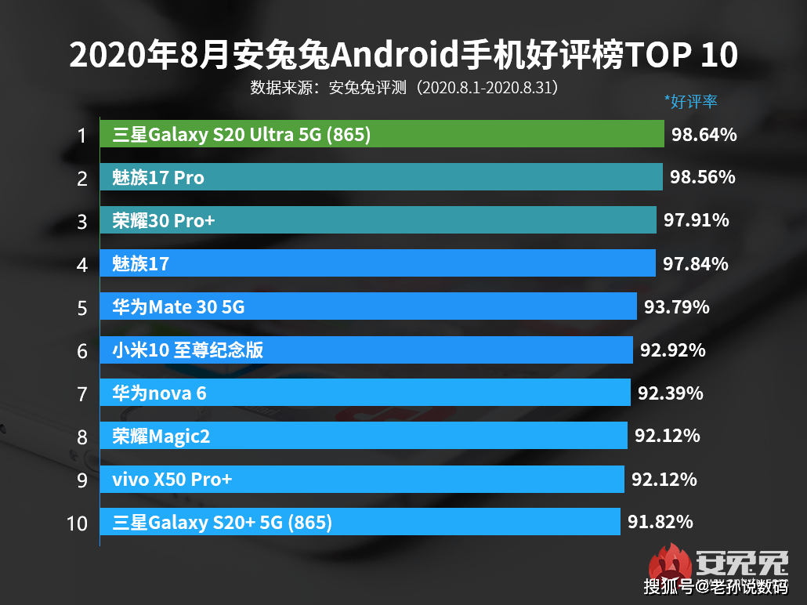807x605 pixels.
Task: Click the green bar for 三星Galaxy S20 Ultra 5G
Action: [x=382, y=135]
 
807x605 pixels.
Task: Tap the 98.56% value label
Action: [x=702, y=178]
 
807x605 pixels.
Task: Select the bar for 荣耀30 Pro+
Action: [x=378, y=221]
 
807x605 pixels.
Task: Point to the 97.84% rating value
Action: [x=695, y=264]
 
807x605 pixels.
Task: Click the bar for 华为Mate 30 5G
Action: [x=367, y=307]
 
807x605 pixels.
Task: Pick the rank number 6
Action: [x=82, y=350]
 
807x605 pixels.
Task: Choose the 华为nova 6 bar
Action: [x=364, y=393]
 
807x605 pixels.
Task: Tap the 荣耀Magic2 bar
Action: [x=364, y=436]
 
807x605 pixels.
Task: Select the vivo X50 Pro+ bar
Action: [x=362, y=479]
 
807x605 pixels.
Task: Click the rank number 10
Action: [x=78, y=523]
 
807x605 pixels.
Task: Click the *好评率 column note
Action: [x=691, y=101]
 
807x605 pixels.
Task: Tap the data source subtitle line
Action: [x=403, y=87]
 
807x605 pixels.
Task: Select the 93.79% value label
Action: [x=676, y=307]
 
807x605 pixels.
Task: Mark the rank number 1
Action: [x=81, y=136]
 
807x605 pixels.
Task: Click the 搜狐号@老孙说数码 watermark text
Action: [x=715, y=586]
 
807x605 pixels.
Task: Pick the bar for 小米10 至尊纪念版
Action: [x=366, y=350]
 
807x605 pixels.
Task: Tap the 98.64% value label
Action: [x=704, y=135]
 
